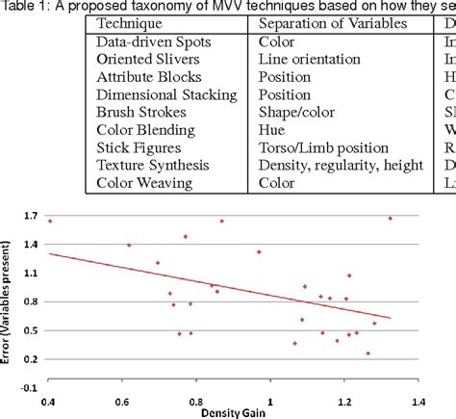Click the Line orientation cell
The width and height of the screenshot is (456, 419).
306,60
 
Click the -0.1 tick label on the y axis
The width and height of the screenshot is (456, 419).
26,387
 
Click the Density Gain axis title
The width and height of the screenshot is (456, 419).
231,412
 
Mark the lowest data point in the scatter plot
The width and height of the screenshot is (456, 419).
367,354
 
